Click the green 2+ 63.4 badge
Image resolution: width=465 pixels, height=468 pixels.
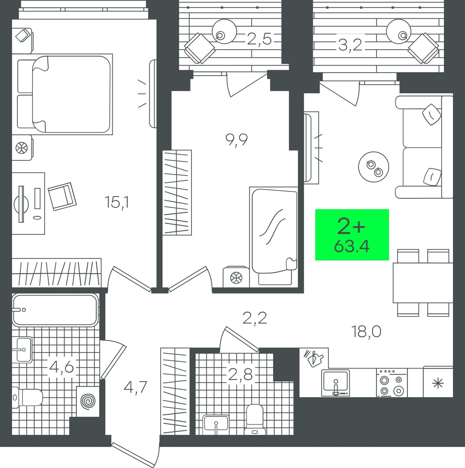(352, 235)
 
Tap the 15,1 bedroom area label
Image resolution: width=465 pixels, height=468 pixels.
(117, 202)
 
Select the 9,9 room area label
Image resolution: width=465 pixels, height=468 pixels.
(236, 140)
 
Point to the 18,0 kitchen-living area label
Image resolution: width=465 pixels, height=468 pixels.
(366, 332)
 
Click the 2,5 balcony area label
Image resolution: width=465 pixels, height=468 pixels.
(259, 39)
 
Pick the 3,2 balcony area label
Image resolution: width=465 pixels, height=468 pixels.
(350, 45)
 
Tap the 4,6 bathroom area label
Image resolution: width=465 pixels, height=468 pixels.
(61, 367)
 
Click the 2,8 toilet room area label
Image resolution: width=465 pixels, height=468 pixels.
(240, 374)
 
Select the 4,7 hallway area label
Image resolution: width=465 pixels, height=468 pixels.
(135, 387)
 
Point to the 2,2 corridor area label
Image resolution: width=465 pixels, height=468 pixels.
(255, 318)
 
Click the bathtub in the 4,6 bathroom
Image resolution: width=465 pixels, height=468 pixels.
(55, 310)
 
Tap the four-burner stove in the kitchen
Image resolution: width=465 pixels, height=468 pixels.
(392, 383)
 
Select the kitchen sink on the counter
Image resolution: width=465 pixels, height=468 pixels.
(336, 383)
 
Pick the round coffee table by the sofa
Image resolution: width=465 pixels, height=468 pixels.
(374, 167)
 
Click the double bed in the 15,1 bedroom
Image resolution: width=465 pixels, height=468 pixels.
(65, 94)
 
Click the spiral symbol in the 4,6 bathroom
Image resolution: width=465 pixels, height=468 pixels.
(88, 402)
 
